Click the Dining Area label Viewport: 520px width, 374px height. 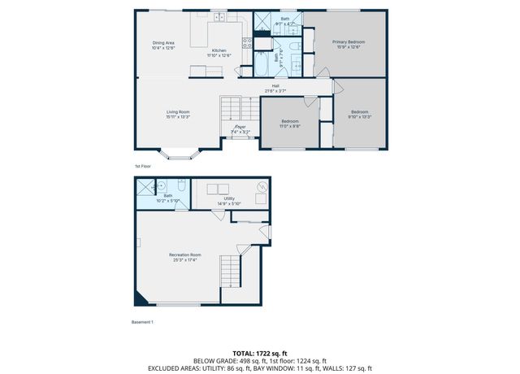tap(164, 43)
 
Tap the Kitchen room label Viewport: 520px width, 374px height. tap(219, 50)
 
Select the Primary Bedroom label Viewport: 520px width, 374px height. tap(351, 41)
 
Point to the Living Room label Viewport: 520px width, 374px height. tap(178, 111)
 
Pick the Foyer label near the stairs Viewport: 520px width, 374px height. tap(240, 127)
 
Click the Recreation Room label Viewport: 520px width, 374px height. tap(185, 255)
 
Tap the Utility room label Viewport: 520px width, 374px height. tap(229, 198)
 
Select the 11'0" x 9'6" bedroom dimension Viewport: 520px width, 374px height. tap(290, 126)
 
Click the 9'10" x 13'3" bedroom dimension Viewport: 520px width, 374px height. tap(359, 116)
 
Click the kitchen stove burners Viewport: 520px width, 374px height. tap(247, 43)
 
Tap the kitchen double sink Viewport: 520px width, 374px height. tap(219, 17)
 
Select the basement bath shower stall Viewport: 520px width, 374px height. tap(145, 185)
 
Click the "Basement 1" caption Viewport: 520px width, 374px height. tap(142, 322)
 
